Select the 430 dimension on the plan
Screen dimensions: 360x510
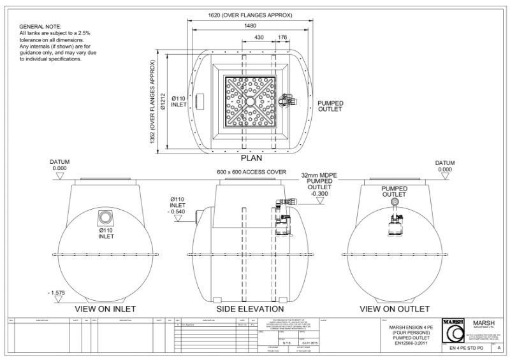(259, 38)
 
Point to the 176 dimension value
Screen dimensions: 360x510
(282, 38)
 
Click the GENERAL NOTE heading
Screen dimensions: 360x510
(40, 25)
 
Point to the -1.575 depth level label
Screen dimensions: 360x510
(55, 292)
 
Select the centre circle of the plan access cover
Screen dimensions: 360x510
(250, 101)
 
